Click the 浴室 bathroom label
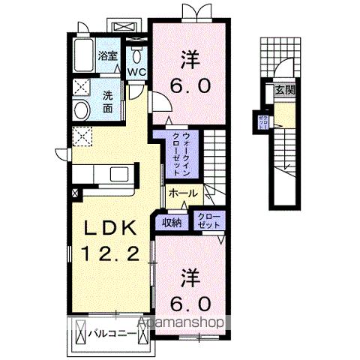click(108, 55)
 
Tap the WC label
click(136, 72)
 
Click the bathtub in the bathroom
click(84, 55)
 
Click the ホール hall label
click(183, 193)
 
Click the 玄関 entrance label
click(285, 91)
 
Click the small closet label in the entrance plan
click(263, 121)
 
